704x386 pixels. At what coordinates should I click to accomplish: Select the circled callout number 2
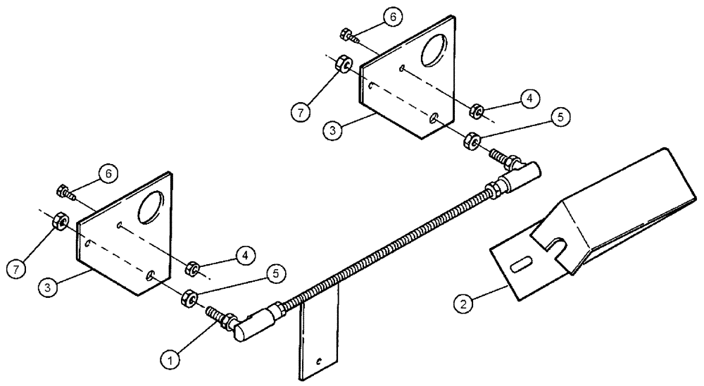[x=461, y=304]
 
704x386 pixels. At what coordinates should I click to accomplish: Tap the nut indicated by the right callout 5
[x=471, y=142]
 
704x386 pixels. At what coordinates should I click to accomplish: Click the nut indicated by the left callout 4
[x=191, y=269]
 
